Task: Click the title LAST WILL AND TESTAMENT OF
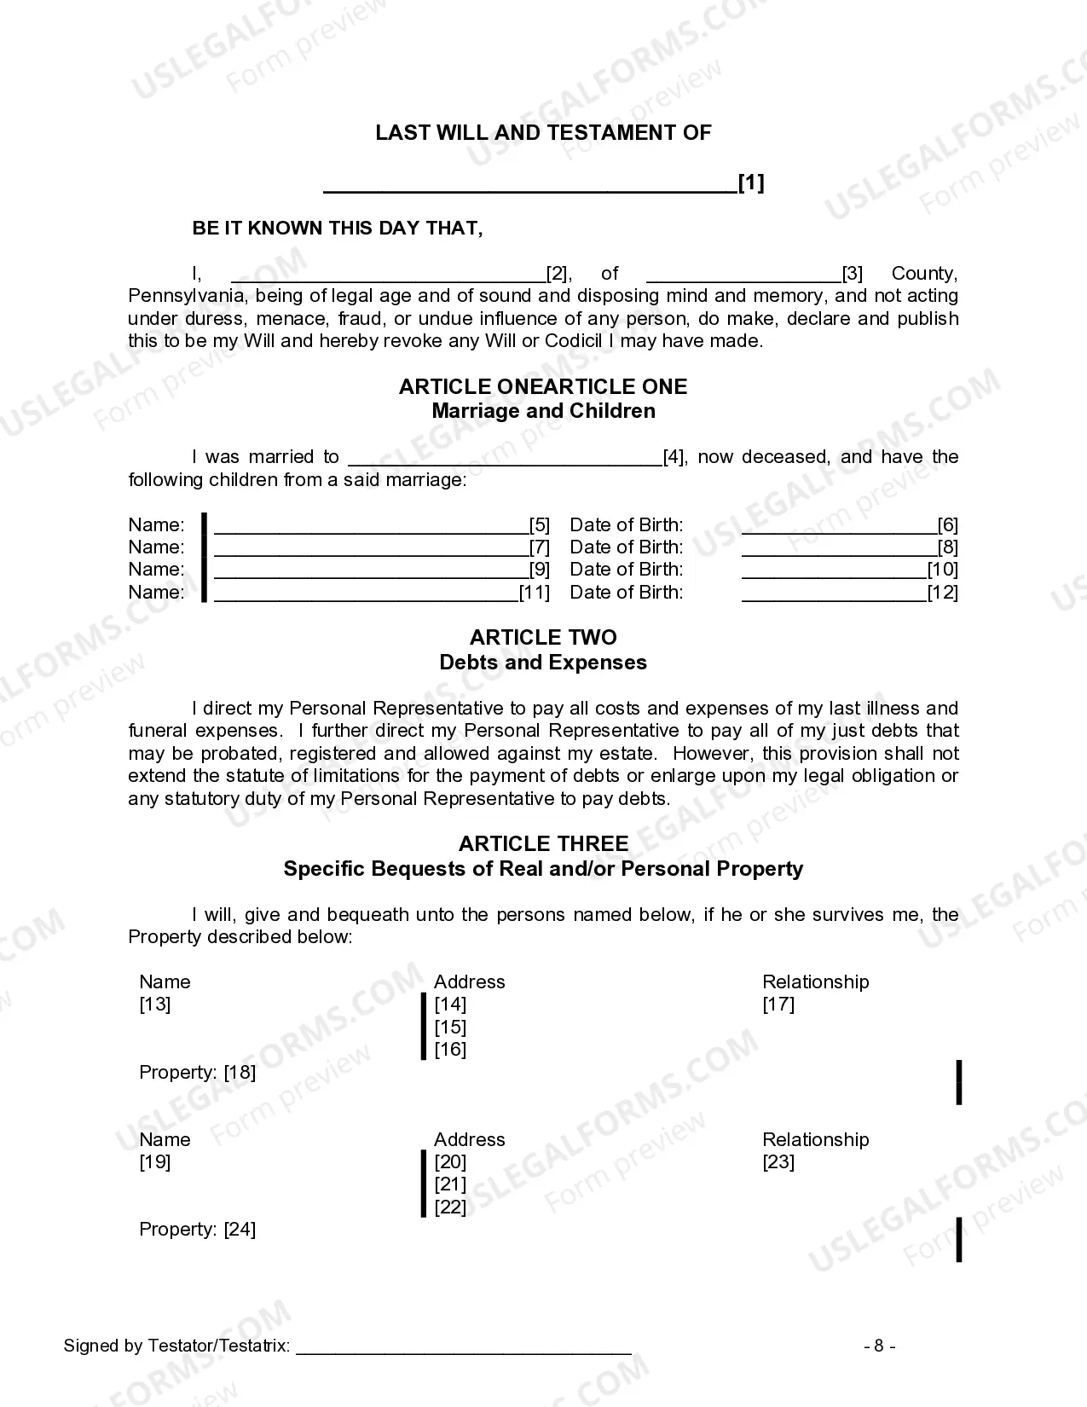pyautogui.click(x=543, y=133)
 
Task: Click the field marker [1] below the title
pyautogui.click(x=751, y=182)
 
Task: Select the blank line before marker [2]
pyautogui.click(x=388, y=275)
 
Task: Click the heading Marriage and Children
pyautogui.click(x=543, y=411)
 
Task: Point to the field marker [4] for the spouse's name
pyautogui.click(x=674, y=457)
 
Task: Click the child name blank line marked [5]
pyautogui.click(x=371, y=525)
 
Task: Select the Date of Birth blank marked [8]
pyautogui.click(x=839, y=547)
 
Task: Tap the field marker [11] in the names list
pyautogui.click(x=535, y=593)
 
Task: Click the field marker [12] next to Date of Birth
pyautogui.click(x=943, y=593)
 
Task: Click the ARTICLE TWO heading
pyautogui.click(x=543, y=638)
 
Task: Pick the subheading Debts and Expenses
pyautogui.click(x=543, y=663)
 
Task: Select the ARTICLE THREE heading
pyautogui.click(x=543, y=844)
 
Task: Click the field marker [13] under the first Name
pyautogui.click(x=155, y=1005)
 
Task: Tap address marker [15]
pyautogui.click(x=450, y=1028)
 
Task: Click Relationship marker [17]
pyautogui.click(x=778, y=1005)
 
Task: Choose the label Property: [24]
pyautogui.click(x=197, y=1230)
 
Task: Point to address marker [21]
pyautogui.click(x=450, y=1184)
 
